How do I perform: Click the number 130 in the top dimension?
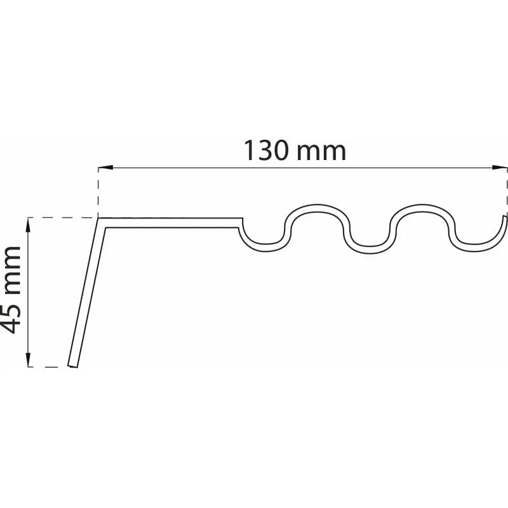pos(265,150)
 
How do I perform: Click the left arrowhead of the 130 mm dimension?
pos(105,168)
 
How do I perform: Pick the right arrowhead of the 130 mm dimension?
pos(499,168)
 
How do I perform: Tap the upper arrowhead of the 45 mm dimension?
pos(28,225)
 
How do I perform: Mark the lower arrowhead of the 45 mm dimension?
pos(28,359)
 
